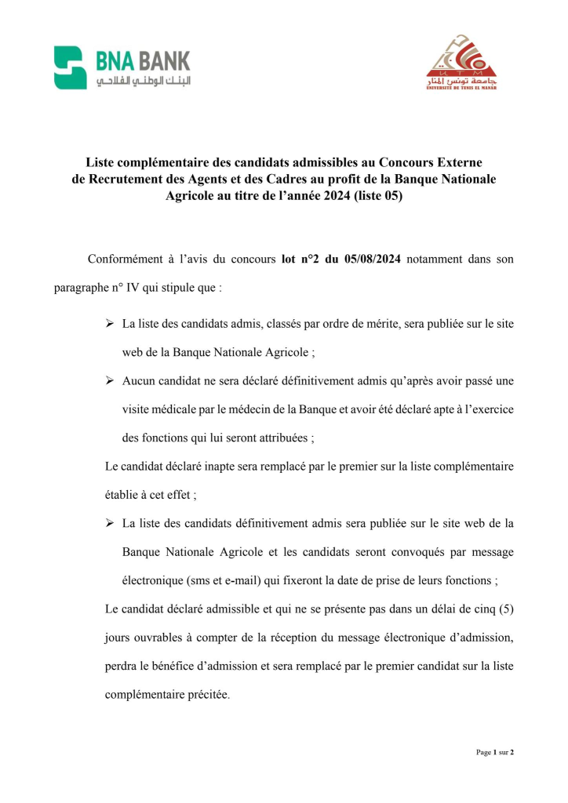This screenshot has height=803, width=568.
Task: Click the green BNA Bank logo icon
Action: (70, 67)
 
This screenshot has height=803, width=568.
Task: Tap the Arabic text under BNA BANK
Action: (143, 82)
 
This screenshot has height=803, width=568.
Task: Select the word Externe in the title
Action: (459, 163)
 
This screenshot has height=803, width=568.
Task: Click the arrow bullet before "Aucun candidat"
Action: (111, 380)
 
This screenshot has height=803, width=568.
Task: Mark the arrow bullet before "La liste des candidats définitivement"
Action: (111, 523)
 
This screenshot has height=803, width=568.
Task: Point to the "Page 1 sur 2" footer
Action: (494, 753)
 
